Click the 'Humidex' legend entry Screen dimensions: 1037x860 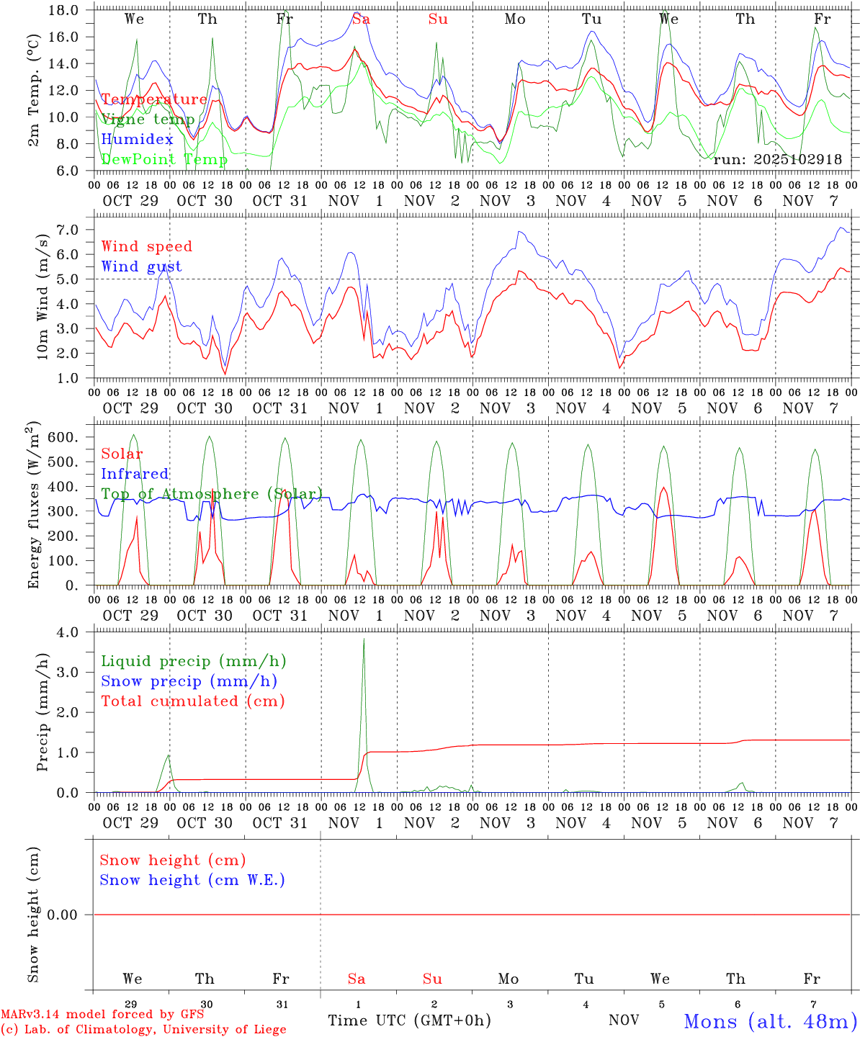pyautogui.click(x=137, y=139)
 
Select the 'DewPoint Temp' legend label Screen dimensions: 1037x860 pyautogui.click(x=164, y=159)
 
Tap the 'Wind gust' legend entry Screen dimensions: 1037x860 pyautogui.click(x=141, y=266)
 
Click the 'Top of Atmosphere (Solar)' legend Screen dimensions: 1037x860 pyautogui.click(x=211, y=494)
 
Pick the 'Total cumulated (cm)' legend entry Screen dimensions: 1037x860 pyautogui.click(x=192, y=701)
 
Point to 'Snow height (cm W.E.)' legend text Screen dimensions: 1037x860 pyautogui.click(x=192, y=880)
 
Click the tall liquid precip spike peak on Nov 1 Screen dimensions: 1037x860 pyautogui.click(x=364, y=639)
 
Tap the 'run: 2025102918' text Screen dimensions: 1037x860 pyautogui.click(x=777, y=159)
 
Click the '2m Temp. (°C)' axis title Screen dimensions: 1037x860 pyautogui.click(x=33, y=89)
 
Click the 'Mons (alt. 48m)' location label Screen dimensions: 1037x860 pyautogui.click(x=771, y=1021)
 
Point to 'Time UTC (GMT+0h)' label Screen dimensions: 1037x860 pyautogui.click(x=409, y=1020)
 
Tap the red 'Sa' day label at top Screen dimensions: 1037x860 pyautogui.click(x=361, y=19)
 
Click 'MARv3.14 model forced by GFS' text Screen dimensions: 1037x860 pyautogui.click(x=102, y=1015)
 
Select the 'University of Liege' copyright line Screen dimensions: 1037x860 pyautogui.click(x=143, y=1030)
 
